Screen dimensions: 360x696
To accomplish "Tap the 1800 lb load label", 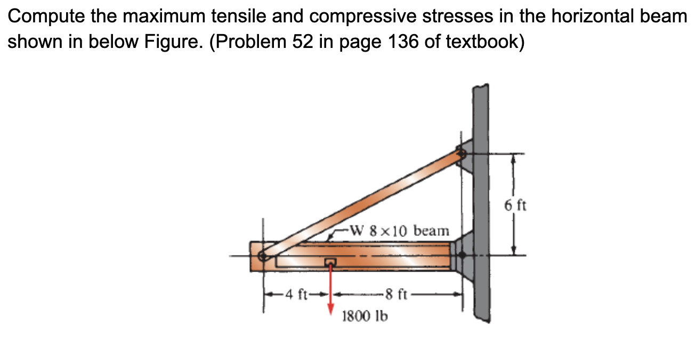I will (365, 316).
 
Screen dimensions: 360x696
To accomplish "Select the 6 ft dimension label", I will (516, 204).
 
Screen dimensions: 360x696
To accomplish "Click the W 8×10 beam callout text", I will (399, 231).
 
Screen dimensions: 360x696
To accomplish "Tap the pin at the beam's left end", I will (262, 256).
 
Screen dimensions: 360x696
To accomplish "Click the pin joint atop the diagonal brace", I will (461, 154).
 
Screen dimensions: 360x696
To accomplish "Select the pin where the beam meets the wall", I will (462, 256).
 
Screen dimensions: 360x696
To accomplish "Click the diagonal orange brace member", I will (362, 204).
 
